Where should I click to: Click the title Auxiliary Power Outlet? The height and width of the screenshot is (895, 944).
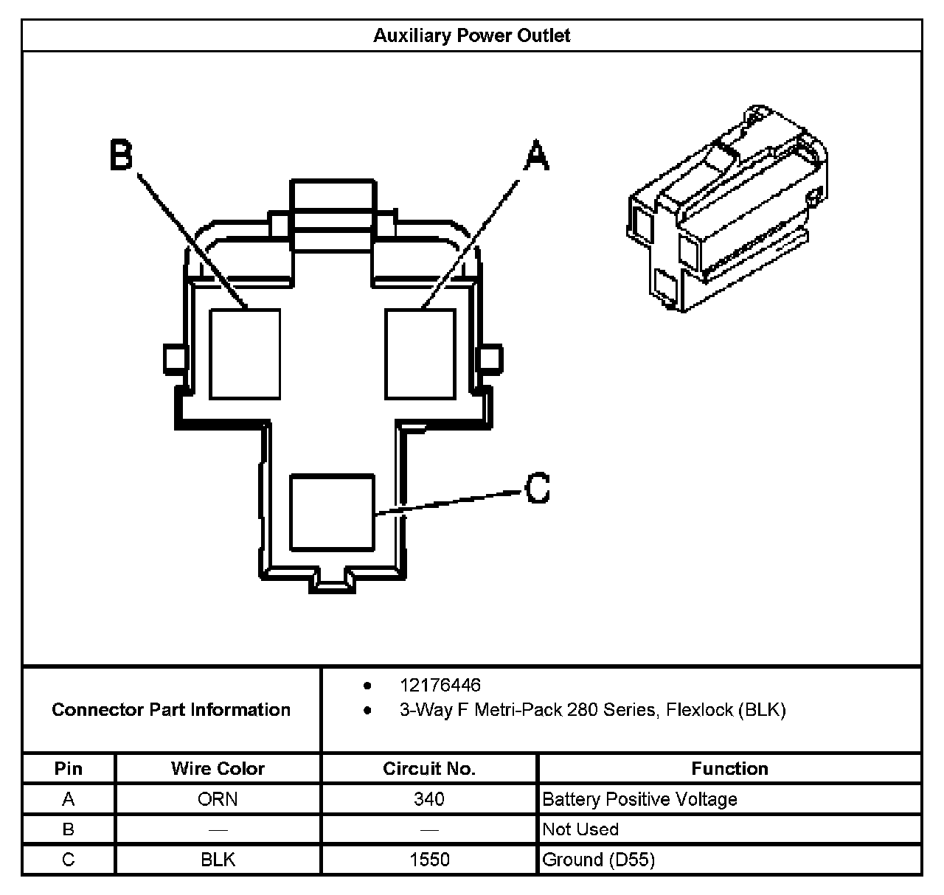click(x=471, y=35)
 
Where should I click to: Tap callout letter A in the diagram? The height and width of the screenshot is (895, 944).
click(x=536, y=156)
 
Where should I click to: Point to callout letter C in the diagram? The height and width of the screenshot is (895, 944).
click(x=538, y=487)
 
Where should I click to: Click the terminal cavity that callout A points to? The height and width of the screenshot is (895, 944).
click(x=420, y=354)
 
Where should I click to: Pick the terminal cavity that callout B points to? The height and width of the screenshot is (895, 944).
click(x=245, y=354)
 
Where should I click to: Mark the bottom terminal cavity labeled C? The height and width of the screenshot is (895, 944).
click(x=332, y=512)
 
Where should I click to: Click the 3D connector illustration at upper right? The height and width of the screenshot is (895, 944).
click(x=726, y=210)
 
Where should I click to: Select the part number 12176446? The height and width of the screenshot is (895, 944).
click(x=440, y=686)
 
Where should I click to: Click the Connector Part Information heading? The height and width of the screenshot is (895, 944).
click(x=171, y=710)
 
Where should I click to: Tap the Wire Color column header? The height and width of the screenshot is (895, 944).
click(x=218, y=769)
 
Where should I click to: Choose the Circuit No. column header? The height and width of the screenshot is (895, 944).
click(x=429, y=769)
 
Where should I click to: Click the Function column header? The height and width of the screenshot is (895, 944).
click(x=729, y=769)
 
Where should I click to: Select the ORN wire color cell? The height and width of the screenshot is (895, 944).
click(x=218, y=799)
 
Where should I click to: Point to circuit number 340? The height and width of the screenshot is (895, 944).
click(x=429, y=799)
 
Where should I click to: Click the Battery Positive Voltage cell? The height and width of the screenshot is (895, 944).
click(x=639, y=799)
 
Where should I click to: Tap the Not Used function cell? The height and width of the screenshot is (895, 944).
click(x=580, y=829)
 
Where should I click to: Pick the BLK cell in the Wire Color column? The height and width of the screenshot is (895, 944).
click(x=218, y=860)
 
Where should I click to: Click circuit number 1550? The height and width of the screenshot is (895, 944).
click(x=429, y=860)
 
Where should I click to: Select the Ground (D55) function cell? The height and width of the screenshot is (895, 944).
click(x=598, y=860)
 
